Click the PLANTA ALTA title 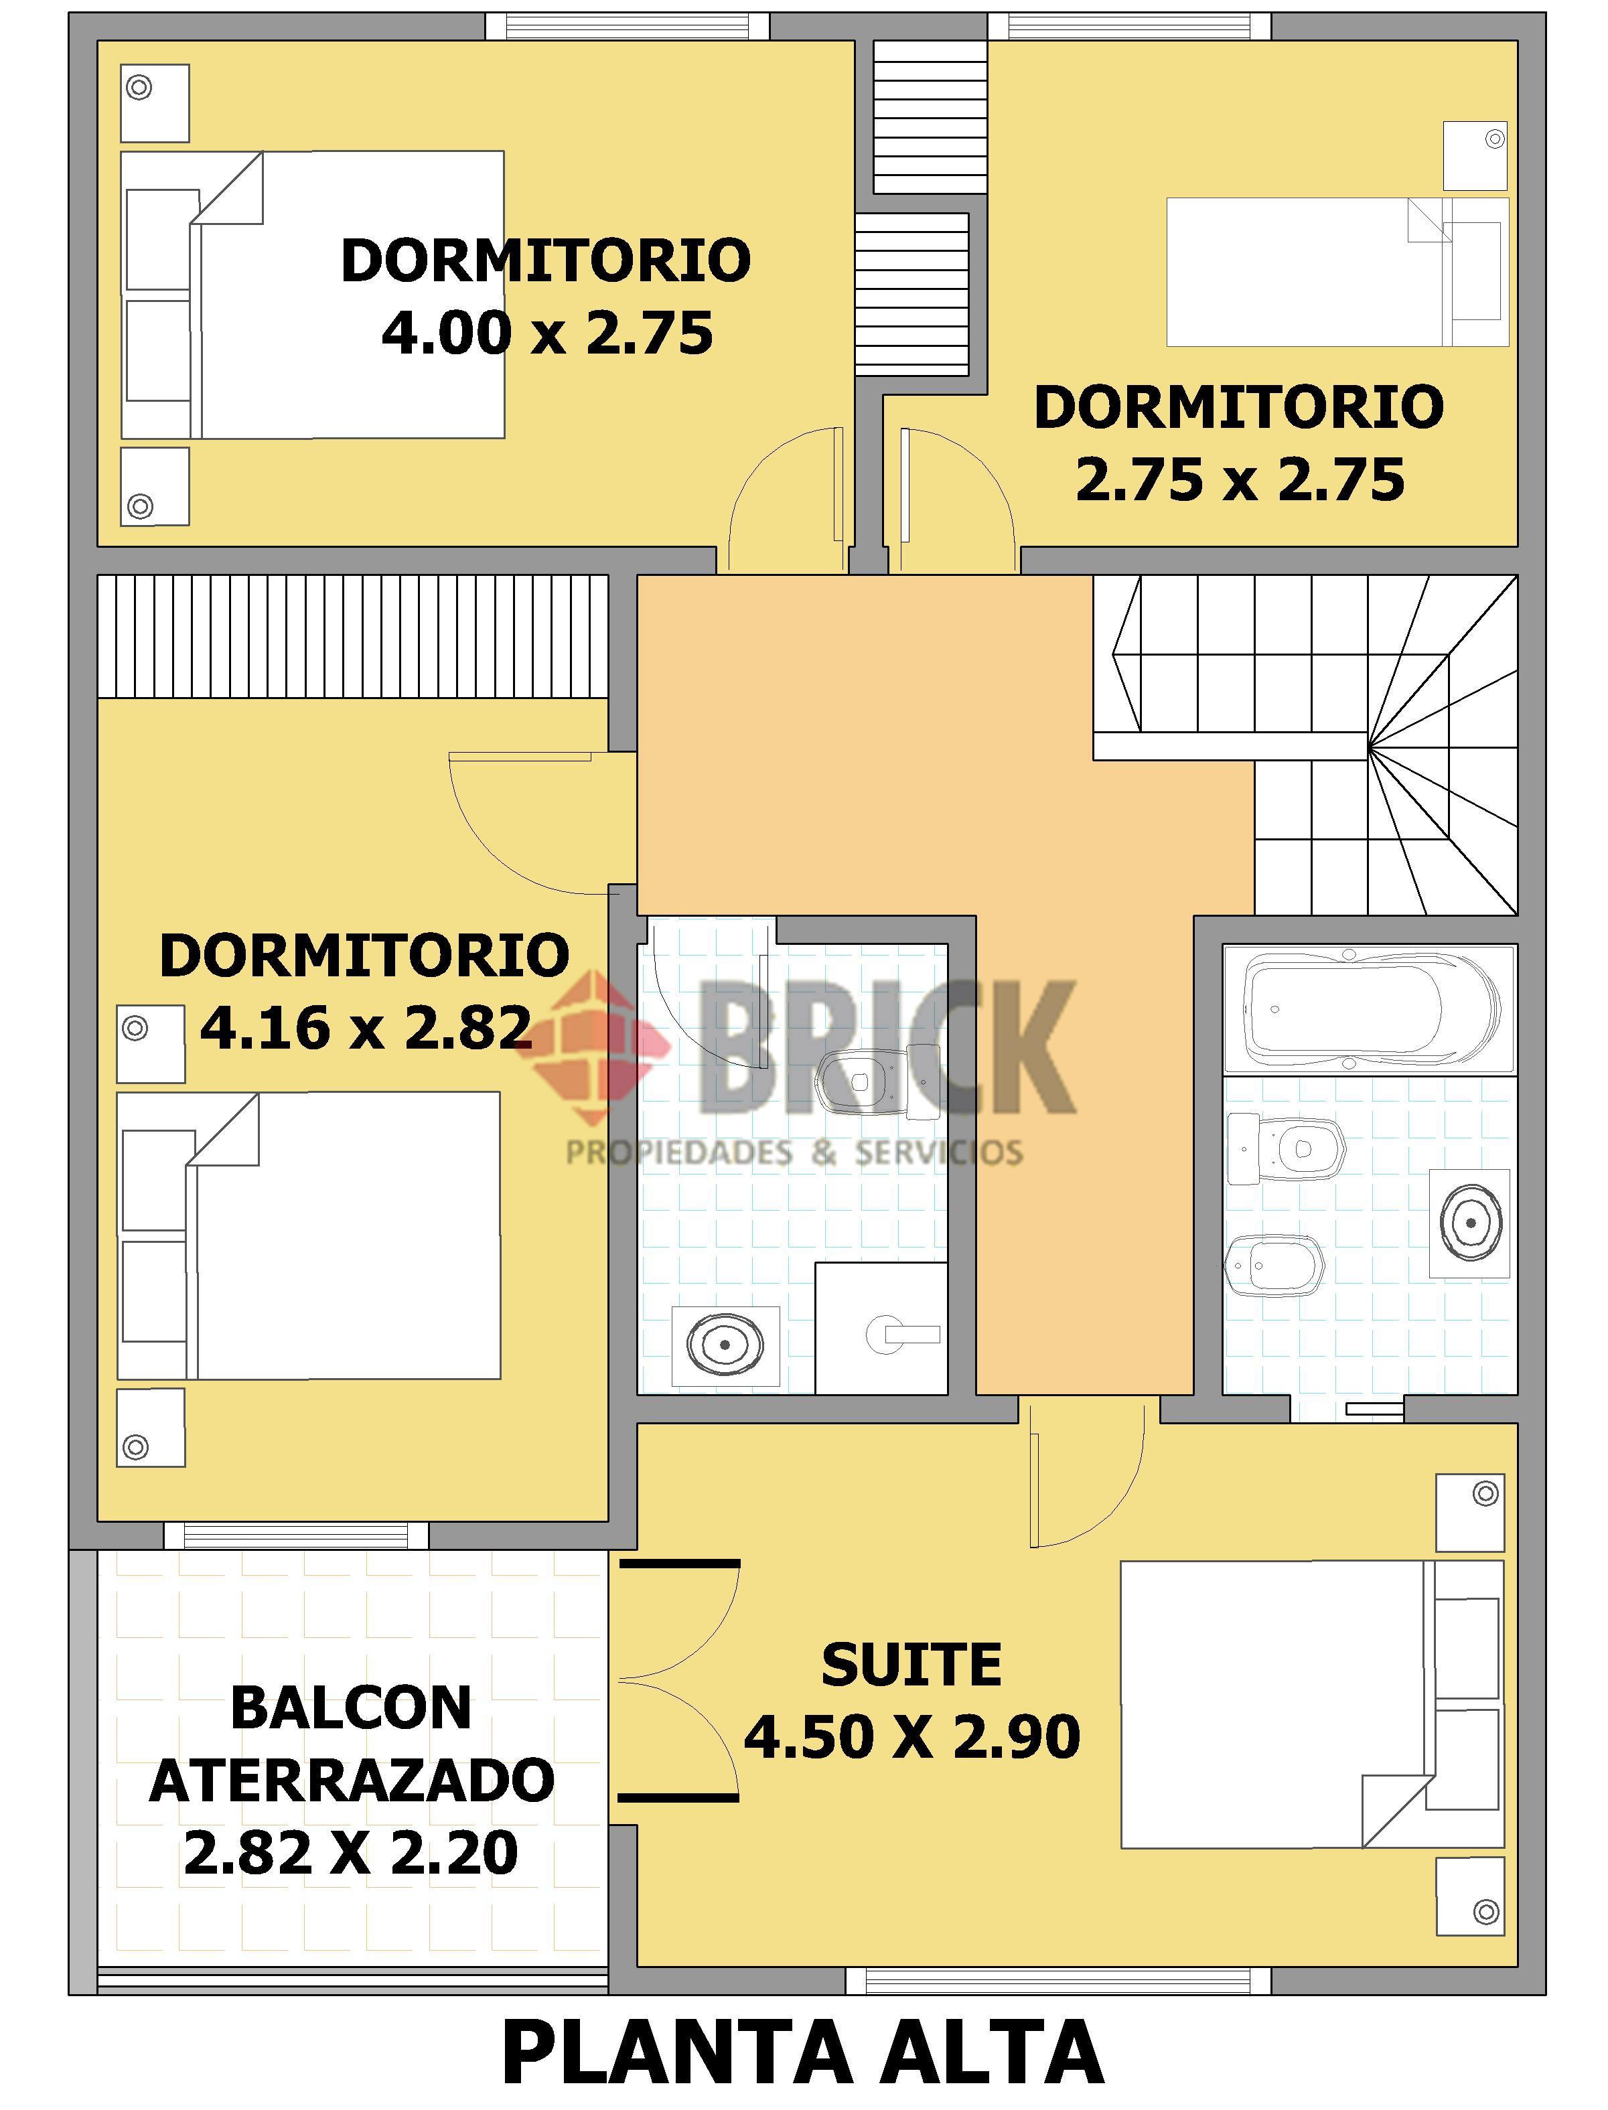803,2054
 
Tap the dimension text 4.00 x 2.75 547,333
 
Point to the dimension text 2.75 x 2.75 1240,479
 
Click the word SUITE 912,1666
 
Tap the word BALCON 352,1708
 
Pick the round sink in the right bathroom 1470,1223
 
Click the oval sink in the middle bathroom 725,1345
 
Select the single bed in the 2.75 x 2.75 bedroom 1337,272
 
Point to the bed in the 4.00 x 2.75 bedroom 312,295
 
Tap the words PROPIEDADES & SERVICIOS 794,1152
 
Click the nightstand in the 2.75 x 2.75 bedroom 1475,155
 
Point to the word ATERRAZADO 352,1781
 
